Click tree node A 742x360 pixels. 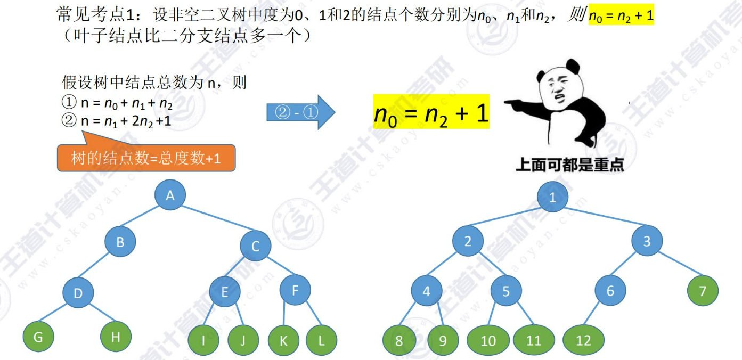[170, 195]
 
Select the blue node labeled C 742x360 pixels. [255, 246]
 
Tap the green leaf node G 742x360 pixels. [39, 337]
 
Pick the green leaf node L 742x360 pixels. [321, 340]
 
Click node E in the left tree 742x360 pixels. [224, 292]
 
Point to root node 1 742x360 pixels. [552, 198]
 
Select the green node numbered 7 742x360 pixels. [702, 291]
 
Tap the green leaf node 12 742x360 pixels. [583, 340]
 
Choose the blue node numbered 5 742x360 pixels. [506, 291]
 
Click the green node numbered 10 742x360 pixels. [488, 340]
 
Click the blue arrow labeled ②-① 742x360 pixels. [300, 112]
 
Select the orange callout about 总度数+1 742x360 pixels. [146, 158]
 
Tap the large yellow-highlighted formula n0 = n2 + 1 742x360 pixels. [431, 113]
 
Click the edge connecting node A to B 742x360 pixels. [145, 219]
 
